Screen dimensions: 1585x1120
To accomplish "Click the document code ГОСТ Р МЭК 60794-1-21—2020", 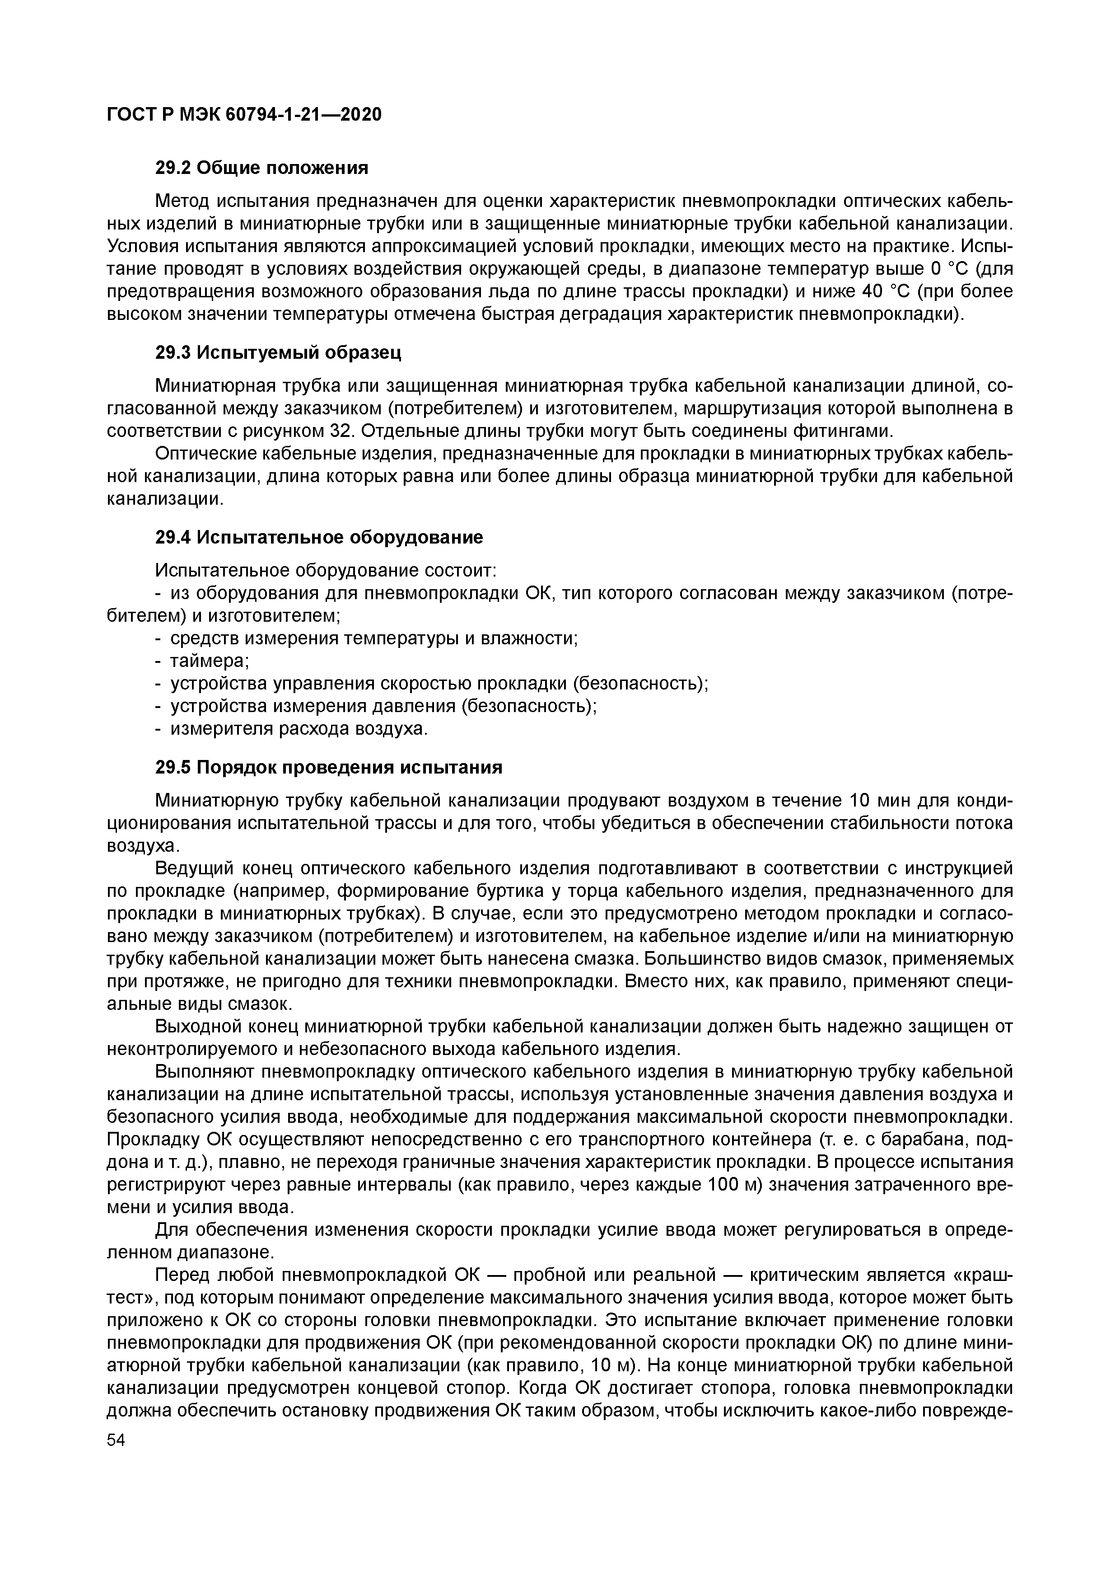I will [243, 115].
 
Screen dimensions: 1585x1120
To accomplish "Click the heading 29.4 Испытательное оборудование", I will [319, 537].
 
